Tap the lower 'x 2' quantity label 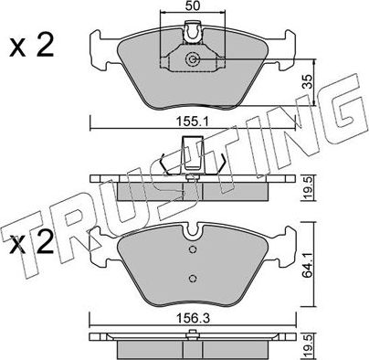[30, 246]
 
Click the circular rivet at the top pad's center [192, 60]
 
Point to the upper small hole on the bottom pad [192, 249]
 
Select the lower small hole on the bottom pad [192, 280]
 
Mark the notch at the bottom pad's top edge [192, 228]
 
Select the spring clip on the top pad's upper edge [192, 34]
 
